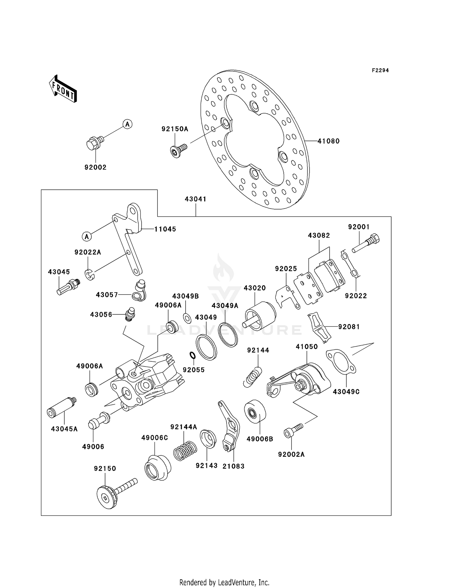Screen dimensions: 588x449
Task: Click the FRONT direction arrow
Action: point(63,89)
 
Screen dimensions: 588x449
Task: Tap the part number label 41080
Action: point(328,141)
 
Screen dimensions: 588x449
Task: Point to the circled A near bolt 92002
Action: point(128,124)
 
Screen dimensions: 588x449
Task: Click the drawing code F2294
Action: point(380,70)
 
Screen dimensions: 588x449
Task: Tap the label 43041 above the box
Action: point(195,199)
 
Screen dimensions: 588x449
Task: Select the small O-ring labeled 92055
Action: point(192,355)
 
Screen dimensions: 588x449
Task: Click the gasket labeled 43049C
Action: point(341,362)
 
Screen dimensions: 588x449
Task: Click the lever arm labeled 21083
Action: point(230,426)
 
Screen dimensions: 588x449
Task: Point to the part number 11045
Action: point(165,229)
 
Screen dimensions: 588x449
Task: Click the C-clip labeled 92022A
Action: point(89,275)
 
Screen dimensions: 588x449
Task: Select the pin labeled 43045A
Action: point(62,408)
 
